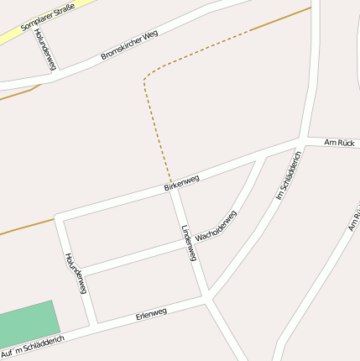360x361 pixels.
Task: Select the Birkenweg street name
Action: click(181, 182)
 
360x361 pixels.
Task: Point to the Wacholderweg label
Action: click(216, 227)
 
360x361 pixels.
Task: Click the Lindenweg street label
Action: click(188, 243)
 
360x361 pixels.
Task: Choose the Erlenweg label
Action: click(151, 314)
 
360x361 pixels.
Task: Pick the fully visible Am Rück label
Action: click(340, 144)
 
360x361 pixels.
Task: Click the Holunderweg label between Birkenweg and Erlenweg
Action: click(76, 272)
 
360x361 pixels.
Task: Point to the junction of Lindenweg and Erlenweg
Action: click(206, 297)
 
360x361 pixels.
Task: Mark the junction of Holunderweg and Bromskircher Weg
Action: click(52, 73)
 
